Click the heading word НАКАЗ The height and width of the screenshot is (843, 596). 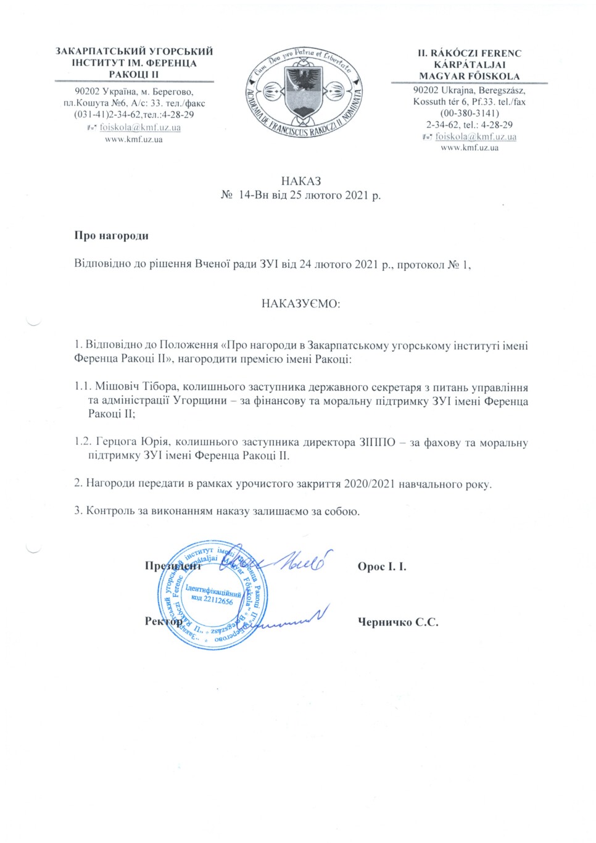point(300,181)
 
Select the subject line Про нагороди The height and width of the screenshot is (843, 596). point(111,235)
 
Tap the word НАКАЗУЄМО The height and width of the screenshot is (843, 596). point(301,304)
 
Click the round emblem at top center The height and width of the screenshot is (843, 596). point(302,93)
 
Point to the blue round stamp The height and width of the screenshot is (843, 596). point(210,595)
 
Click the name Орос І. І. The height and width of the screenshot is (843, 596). point(382,567)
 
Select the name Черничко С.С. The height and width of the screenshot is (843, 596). point(398,622)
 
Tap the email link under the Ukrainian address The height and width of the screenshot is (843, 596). point(140,128)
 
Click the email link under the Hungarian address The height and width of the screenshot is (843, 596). point(476,136)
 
